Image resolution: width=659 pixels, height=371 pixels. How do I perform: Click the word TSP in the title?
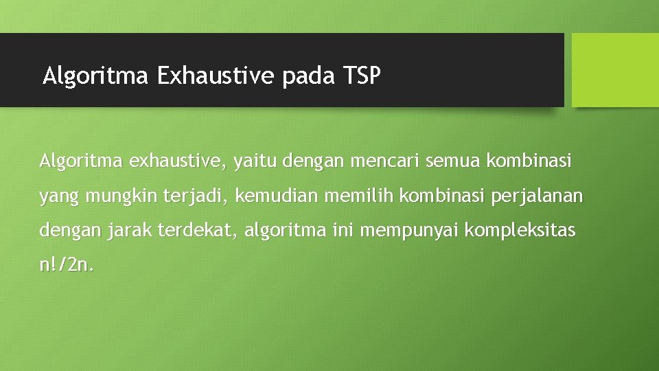point(360,75)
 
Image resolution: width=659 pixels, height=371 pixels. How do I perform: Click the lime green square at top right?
point(615,69)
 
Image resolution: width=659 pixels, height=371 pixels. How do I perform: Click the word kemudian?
point(276,196)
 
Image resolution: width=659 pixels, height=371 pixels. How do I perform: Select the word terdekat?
point(198,231)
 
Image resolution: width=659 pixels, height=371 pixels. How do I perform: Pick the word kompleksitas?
point(520,231)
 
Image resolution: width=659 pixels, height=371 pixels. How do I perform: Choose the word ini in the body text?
point(342,231)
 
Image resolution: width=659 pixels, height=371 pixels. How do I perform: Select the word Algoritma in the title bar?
point(95,75)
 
